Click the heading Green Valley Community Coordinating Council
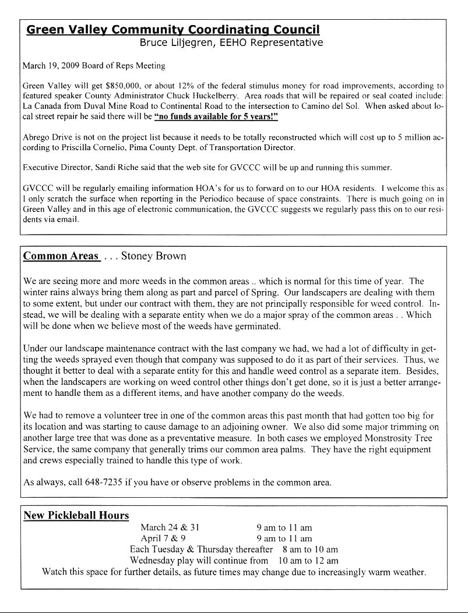[173, 30]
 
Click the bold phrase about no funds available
[216, 117]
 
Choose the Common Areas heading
[61, 256]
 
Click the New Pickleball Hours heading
[76, 515]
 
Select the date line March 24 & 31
[170, 527]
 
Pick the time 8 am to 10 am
[309, 550]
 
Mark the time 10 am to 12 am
[308, 561]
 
